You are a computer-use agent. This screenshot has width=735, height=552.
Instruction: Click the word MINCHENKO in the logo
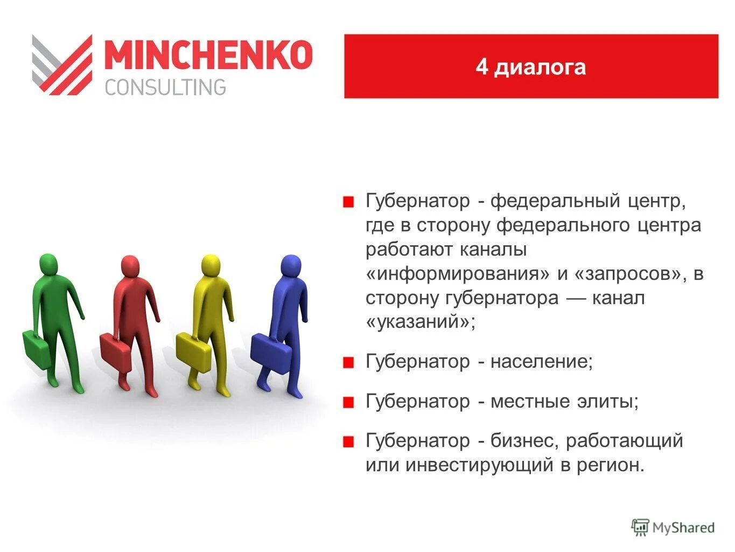(208, 54)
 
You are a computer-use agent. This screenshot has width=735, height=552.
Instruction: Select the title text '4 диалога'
(530, 67)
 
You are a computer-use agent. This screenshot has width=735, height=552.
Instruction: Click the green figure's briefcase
(36, 349)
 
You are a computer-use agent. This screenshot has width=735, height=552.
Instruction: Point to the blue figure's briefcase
(271, 351)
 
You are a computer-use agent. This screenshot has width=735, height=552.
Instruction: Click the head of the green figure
(48, 264)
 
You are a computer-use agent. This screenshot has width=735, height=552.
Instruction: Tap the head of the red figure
(130, 266)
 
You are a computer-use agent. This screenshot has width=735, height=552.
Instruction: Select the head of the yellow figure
(211, 265)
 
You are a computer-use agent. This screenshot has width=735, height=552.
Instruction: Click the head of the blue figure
(291, 265)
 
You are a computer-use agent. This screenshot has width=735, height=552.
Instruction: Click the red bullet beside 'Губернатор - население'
(348, 362)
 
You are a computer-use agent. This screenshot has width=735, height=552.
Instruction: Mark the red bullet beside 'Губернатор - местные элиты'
(348, 402)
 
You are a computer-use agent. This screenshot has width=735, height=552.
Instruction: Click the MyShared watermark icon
(640, 528)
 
